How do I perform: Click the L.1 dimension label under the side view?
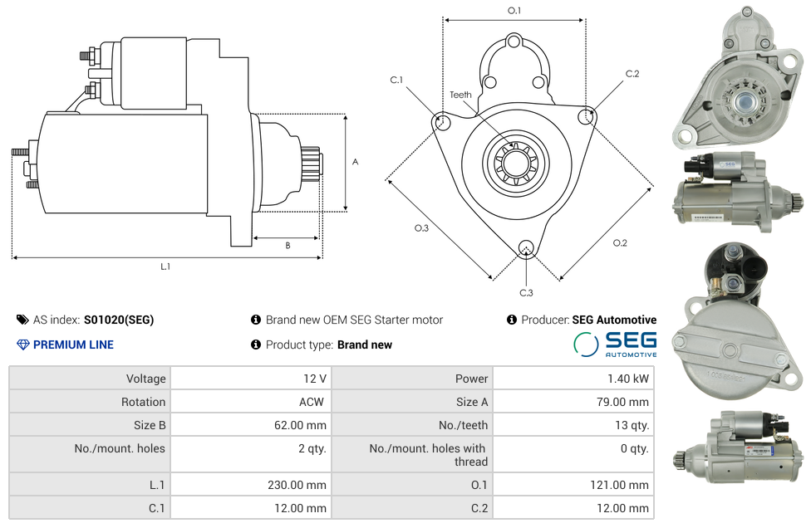[165, 266]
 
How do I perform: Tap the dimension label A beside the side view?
[355, 162]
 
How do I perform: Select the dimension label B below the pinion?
[288, 245]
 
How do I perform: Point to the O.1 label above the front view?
[514, 11]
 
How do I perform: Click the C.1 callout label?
[396, 80]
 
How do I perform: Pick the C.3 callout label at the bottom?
[526, 292]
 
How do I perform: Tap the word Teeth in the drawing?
[460, 95]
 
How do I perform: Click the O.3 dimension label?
[421, 227]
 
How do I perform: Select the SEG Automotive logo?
[615, 344]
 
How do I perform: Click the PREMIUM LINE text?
[73, 345]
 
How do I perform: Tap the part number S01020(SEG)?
[119, 320]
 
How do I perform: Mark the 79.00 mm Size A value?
[622, 402]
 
